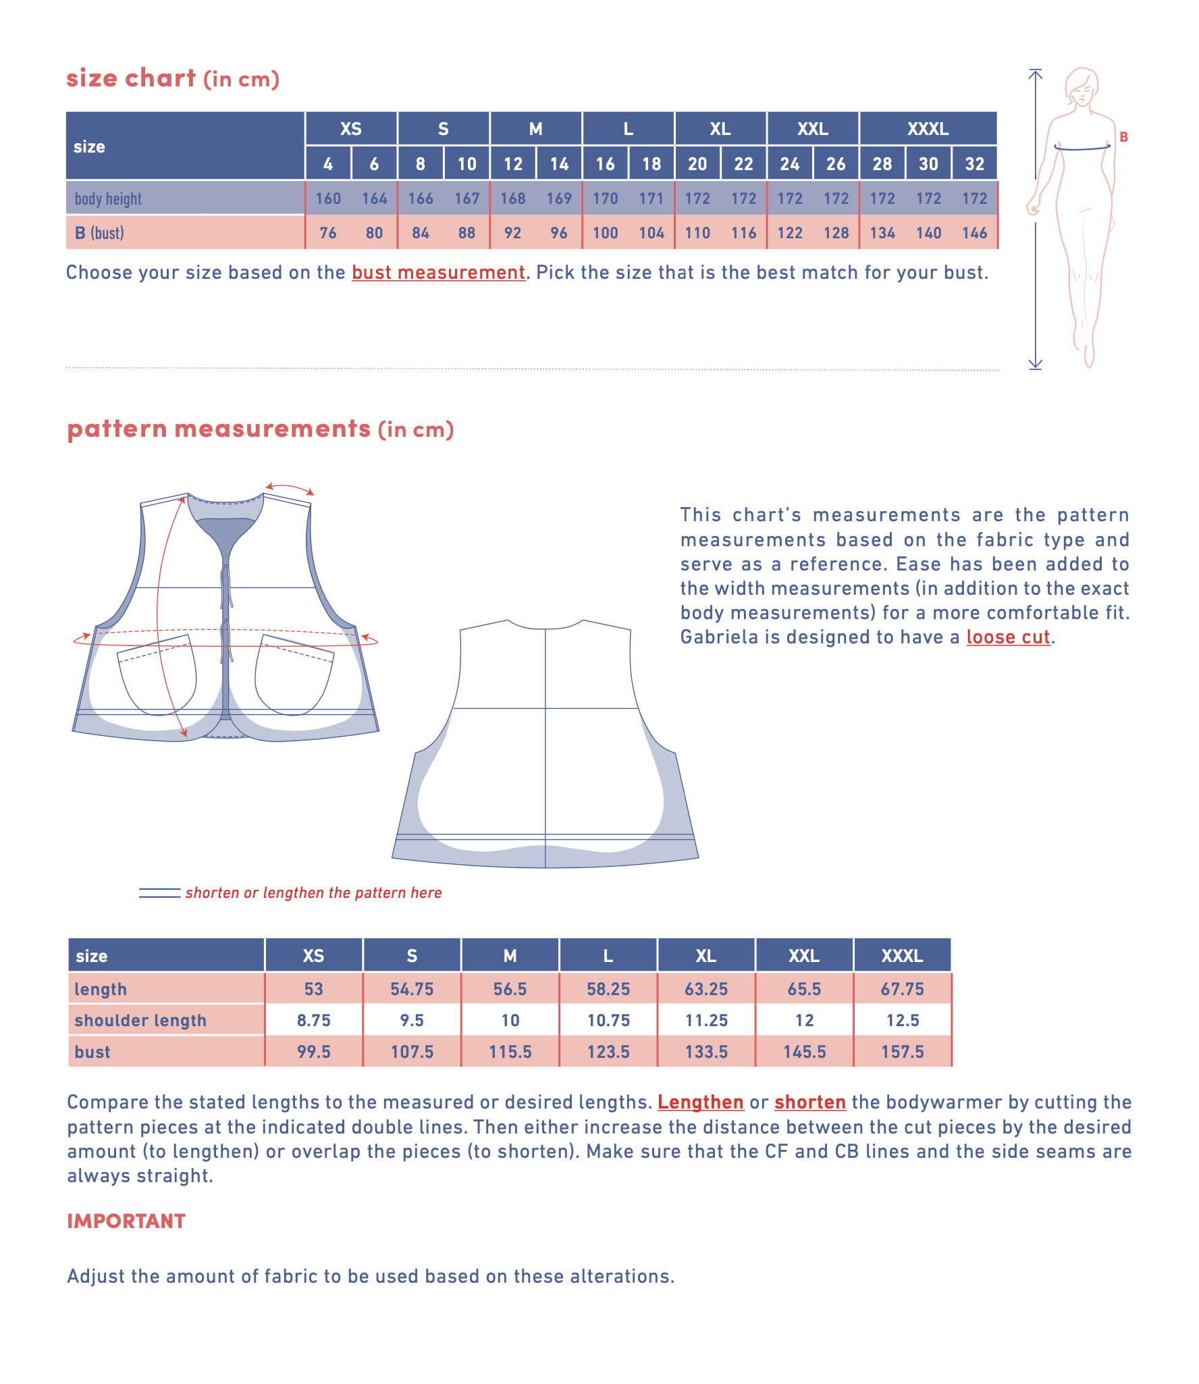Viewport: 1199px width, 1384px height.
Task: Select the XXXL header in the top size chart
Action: tap(928, 129)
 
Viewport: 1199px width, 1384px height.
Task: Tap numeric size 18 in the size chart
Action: tap(651, 164)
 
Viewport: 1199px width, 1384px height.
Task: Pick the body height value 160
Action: tap(328, 198)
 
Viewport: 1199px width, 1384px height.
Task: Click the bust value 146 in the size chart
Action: tap(974, 233)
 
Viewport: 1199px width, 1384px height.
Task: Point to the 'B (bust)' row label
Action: tap(99, 233)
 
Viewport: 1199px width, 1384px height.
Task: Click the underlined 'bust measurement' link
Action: tap(438, 273)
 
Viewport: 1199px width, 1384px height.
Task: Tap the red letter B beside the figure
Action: tap(1123, 137)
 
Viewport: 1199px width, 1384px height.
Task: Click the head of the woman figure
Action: tap(1082, 86)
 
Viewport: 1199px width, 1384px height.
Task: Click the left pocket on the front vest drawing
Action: tap(157, 675)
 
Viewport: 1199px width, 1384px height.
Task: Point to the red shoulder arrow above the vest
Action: tap(290, 488)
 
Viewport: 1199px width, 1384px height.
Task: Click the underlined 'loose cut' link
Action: tap(1008, 637)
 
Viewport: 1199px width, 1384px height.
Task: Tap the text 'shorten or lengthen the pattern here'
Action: tap(313, 893)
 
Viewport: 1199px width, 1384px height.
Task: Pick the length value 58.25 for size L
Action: tap(608, 989)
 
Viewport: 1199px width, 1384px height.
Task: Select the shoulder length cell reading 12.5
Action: tap(902, 1020)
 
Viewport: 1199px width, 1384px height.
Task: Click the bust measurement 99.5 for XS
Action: tap(313, 1052)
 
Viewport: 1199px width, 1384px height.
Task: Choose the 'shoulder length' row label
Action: tap(140, 1020)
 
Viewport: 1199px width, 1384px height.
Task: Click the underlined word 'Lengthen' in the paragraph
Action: tap(700, 1102)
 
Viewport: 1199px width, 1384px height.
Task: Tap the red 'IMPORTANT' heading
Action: tap(126, 1221)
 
